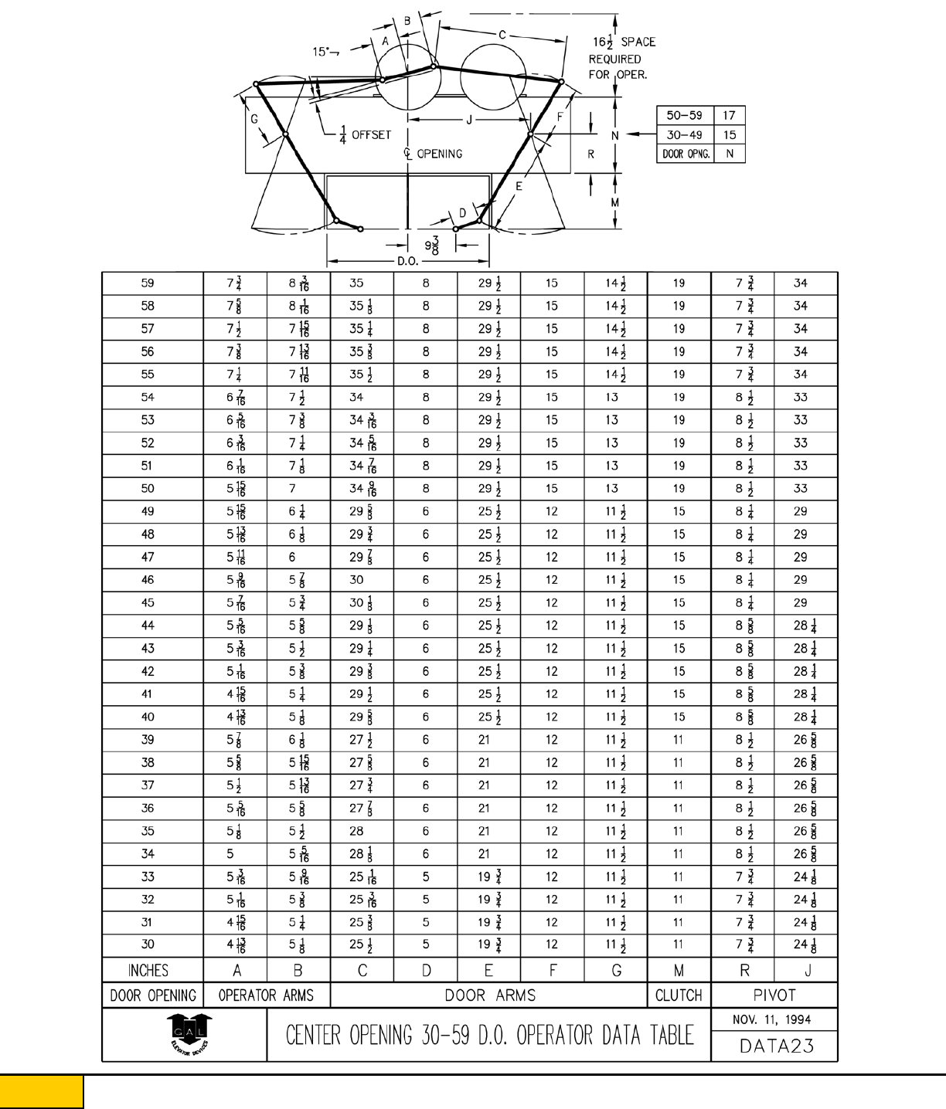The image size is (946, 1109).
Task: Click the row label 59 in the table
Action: coord(148,283)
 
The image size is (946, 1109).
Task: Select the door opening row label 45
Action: coord(148,602)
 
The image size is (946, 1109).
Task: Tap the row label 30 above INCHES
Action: coord(148,944)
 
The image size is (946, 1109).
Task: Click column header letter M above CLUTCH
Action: coord(679,970)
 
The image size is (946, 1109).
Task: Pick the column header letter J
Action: coord(808,970)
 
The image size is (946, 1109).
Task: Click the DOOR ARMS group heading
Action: coord(490,995)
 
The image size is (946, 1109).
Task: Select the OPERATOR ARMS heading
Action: coord(266,995)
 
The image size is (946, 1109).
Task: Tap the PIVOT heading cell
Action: coord(774,995)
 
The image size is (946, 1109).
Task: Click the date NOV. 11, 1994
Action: coord(771,1019)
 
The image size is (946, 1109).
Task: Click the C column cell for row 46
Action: coord(356,580)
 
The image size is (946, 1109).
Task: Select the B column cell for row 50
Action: coord(293,489)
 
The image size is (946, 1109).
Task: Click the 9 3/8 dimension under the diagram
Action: coord(432,246)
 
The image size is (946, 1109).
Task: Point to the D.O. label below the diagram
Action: coord(408,261)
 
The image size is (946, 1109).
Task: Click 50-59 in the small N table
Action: coord(684,115)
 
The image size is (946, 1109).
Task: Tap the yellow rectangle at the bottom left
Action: coord(41,1091)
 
